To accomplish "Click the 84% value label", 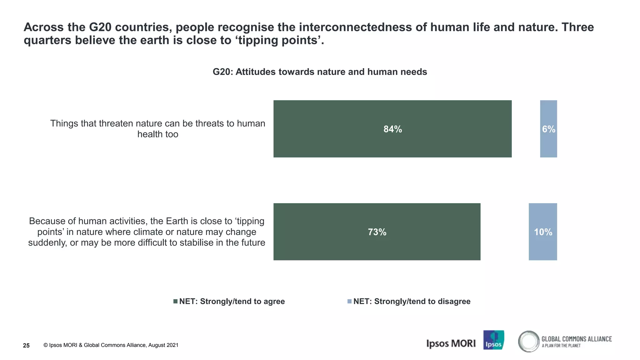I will pyautogui.click(x=392, y=129).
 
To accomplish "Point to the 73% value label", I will pyautogui.click(x=377, y=232).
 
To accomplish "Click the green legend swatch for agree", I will pyautogui.click(x=176, y=301).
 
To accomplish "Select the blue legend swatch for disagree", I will pyautogui.click(x=349, y=301).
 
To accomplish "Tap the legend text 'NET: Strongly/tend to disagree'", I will pyautogui.click(x=412, y=301).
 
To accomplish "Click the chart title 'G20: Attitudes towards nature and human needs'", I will pyautogui.click(x=320, y=72).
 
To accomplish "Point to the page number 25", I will pyautogui.click(x=26, y=345).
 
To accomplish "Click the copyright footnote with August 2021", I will pyautogui.click(x=111, y=345).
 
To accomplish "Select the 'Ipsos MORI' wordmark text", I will pyautogui.click(x=451, y=343).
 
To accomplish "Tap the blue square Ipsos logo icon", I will pyautogui.click(x=493, y=340).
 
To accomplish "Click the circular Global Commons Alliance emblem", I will pyautogui.click(x=528, y=341).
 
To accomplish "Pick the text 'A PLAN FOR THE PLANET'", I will pyautogui.click(x=561, y=346).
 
